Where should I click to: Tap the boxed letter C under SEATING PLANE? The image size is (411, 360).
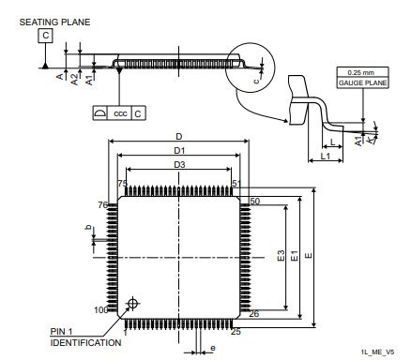point(46,37)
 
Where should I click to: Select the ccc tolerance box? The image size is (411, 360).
point(119,113)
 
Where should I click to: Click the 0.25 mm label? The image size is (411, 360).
point(358,72)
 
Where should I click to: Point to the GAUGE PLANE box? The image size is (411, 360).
point(358,83)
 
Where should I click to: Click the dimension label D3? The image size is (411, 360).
point(178,165)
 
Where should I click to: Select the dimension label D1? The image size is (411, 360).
point(178,150)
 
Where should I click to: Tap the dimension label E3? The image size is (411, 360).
point(281,255)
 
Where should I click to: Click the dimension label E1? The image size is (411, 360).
point(295,255)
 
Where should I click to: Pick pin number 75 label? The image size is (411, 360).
point(122,184)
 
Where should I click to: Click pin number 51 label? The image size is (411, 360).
point(236,184)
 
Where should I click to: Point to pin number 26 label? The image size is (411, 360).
point(253,313)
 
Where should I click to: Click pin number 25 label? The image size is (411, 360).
point(236,331)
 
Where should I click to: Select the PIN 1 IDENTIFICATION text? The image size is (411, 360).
point(84,337)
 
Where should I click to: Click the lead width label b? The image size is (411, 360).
point(88,228)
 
